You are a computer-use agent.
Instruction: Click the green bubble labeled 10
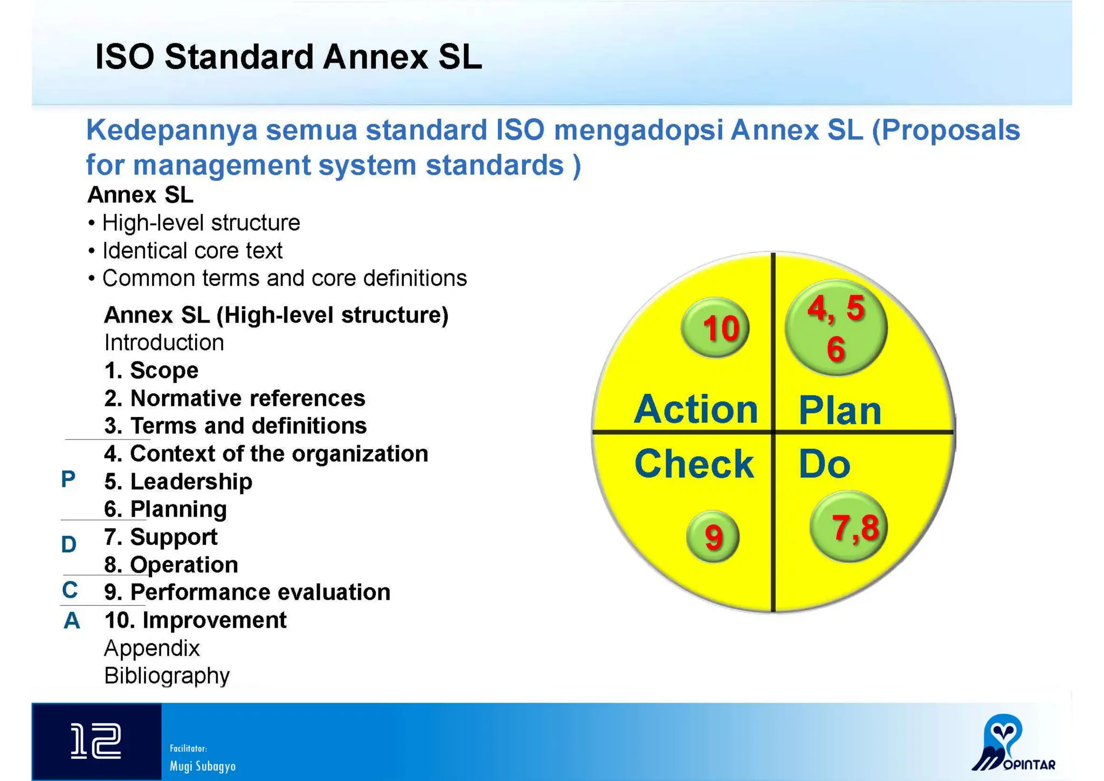pos(715,327)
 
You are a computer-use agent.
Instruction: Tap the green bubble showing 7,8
pos(848,527)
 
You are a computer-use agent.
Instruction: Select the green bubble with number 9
pos(713,537)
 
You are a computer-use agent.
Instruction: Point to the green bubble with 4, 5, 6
pos(836,327)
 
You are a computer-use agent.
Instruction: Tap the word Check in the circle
pos(694,464)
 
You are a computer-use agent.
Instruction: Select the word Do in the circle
pos(824,464)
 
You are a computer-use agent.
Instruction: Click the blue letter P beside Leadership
pos(68,479)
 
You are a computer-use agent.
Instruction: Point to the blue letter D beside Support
pos(68,545)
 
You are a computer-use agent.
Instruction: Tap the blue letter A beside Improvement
pos(72,621)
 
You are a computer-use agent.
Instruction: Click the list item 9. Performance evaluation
pos(247,592)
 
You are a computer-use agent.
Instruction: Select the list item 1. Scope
pos(151,371)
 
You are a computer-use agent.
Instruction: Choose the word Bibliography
pos(167,676)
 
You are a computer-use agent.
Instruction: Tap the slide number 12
pos(96,742)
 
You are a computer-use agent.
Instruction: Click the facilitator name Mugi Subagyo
pos(202,766)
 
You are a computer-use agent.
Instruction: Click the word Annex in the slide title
pos(376,57)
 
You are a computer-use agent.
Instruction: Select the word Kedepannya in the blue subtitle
pos(172,130)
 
